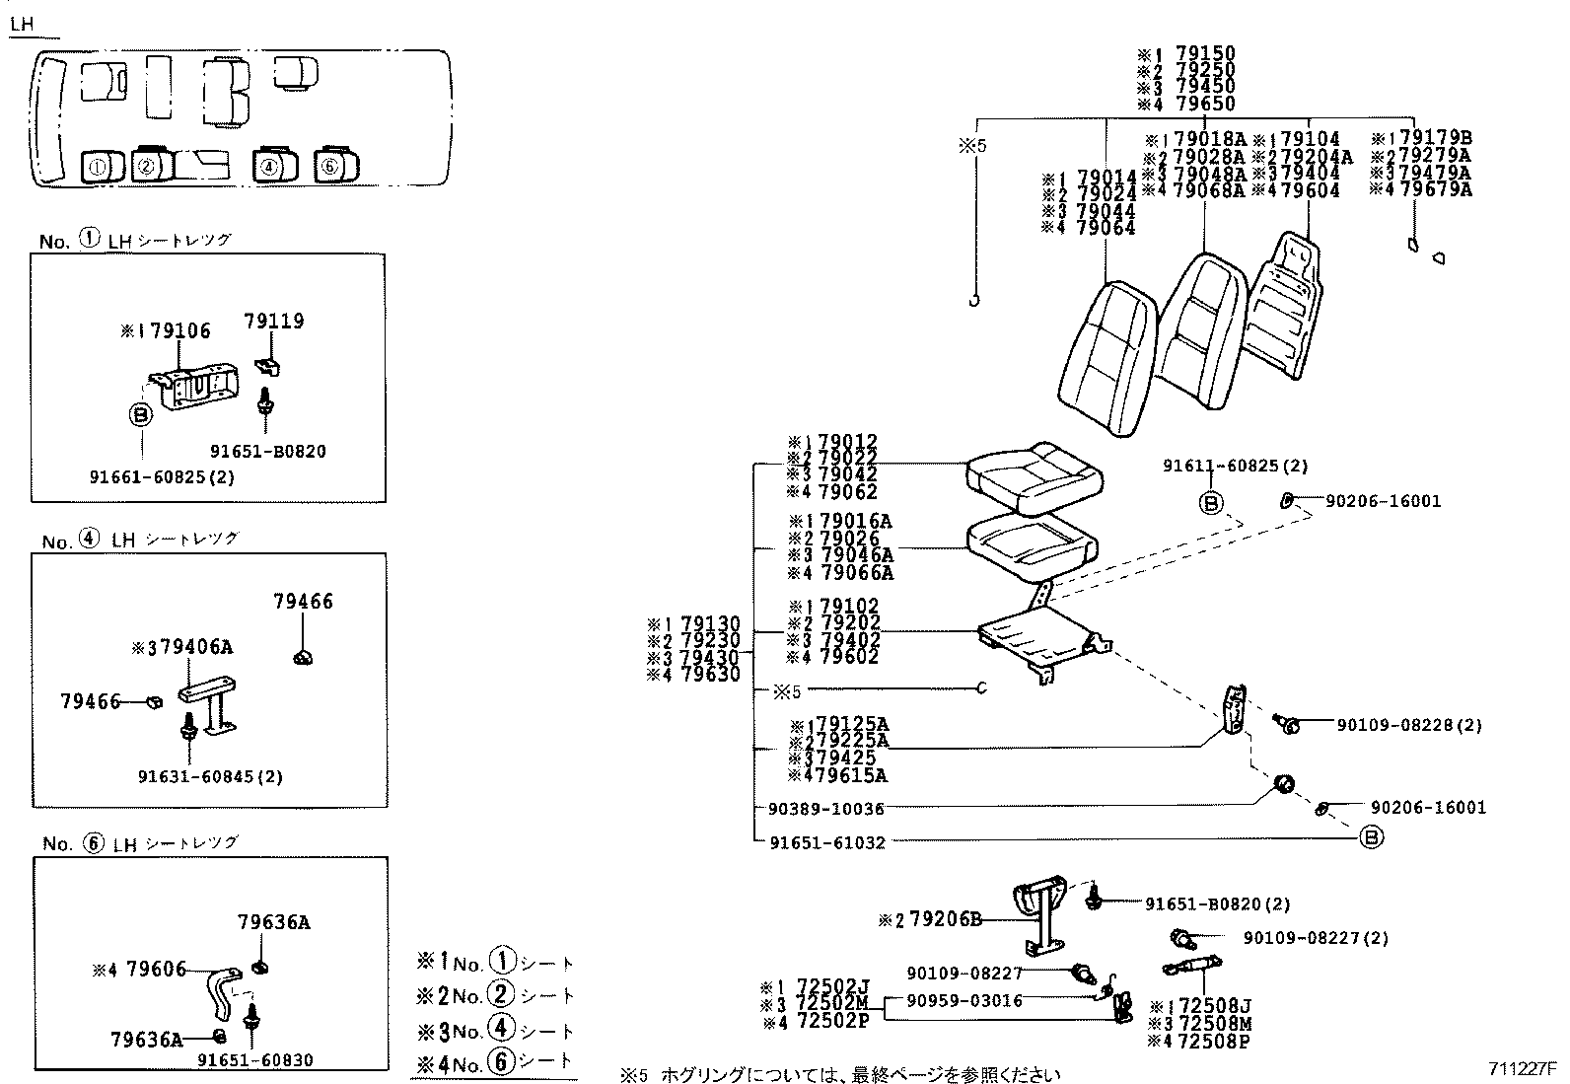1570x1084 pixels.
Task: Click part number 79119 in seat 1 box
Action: (x=274, y=322)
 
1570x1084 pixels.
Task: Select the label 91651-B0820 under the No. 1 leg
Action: (x=267, y=452)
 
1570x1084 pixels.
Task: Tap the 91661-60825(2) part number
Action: (x=162, y=477)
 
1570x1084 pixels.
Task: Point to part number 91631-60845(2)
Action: (x=210, y=777)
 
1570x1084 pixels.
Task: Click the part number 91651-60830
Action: (x=254, y=1060)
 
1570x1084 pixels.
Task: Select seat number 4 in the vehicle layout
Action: (x=268, y=167)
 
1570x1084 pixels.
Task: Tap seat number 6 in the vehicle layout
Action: (x=329, y=167)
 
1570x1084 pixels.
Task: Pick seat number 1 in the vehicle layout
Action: (x=97, y=168)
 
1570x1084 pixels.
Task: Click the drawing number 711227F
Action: (x=1522, y=1068)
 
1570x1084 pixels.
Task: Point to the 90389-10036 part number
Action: (x=825, y=809)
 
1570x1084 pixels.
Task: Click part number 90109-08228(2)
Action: (x=1409, y=725)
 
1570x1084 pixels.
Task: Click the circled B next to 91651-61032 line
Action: (x=1371, y=837)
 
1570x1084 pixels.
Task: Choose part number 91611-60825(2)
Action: (x=1235, y=467)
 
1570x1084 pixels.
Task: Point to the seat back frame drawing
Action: (x=1282, y=306)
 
